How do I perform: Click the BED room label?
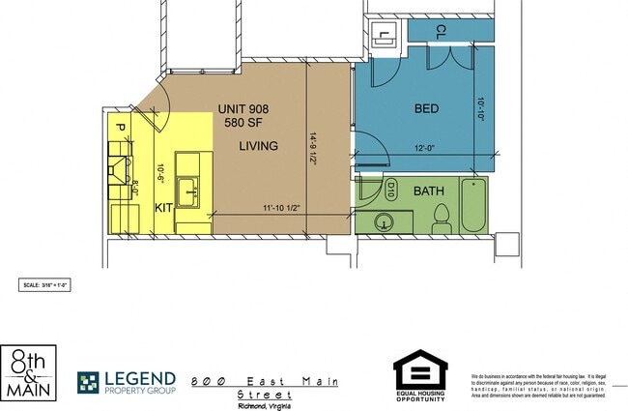pyautogui.click(x=425, y=108)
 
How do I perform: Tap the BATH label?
pyautogui.click(x=429, y=191)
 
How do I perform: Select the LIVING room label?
pyautogui.click(x=259, y=146)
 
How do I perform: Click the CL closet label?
pyautogui.click(x=441, y=30)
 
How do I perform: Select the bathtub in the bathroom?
pyautogui.click(x=473, y=205)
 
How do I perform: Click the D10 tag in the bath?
pyautogui.click(x=392, y=186)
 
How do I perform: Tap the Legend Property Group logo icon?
pyautogui.click(x=88, y=383)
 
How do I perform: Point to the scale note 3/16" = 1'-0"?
pyautogui.click(x=46, y=285)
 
